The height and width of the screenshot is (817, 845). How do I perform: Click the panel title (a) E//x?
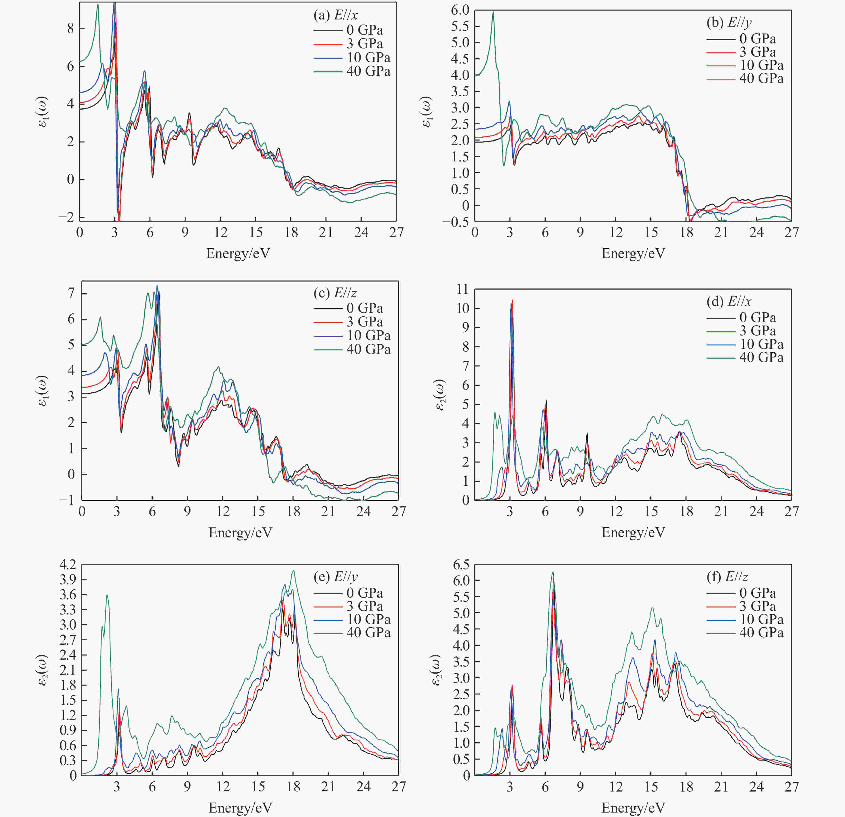pyautogui.click(x=335, y=15)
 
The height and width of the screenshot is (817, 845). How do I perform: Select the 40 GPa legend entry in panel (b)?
pyautogui.click(x=745, y=78)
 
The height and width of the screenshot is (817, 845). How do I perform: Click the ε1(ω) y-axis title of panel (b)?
pyautogui.click(x=427, y=112)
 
